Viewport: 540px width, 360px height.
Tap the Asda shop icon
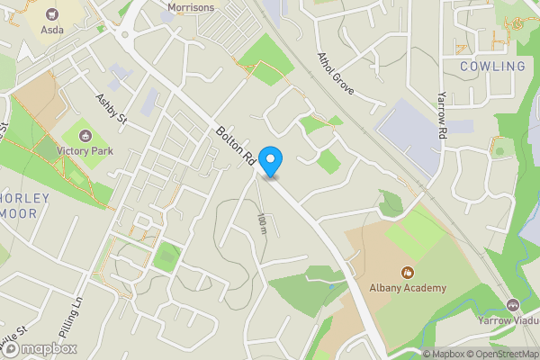click(51, 13)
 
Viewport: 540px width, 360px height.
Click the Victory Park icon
click(85, 135)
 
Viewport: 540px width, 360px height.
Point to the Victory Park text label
click(85, 151)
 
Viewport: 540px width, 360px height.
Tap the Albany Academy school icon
click(407, 272)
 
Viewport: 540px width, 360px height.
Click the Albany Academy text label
click(407, 288)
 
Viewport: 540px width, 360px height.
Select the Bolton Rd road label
click(235, 145)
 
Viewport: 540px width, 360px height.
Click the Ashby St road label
click(113, 110)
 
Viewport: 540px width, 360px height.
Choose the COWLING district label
click(492, 67)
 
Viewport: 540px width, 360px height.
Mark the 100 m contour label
click(262, 226)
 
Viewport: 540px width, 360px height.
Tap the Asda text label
click(52, 29)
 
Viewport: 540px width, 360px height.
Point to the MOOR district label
click(18, 214)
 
